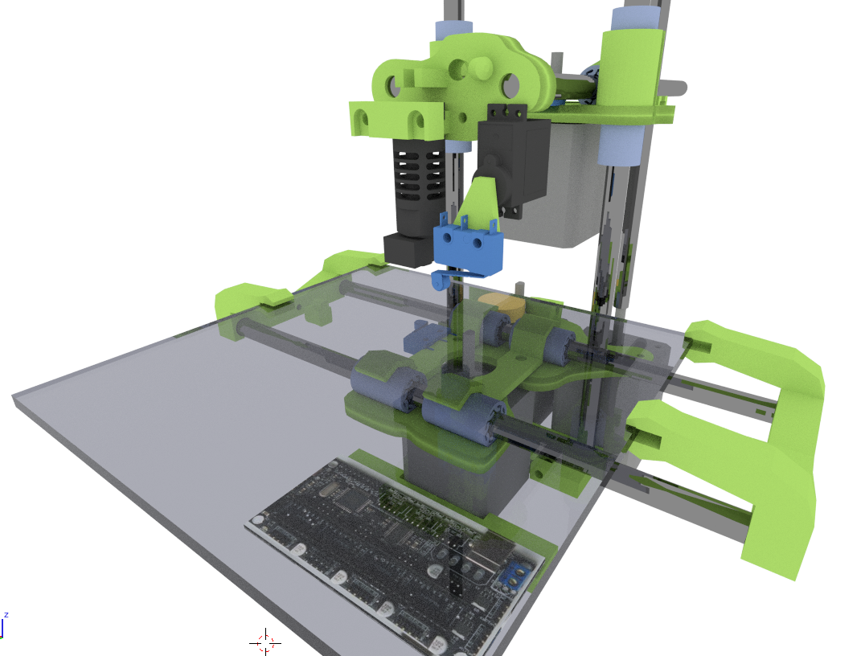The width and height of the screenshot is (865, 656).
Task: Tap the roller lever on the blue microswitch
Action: [x=440, y=281]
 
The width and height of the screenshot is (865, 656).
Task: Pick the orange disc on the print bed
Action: [x=503, y=305]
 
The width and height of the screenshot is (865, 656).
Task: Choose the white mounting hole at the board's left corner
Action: [x=257, y=519]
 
